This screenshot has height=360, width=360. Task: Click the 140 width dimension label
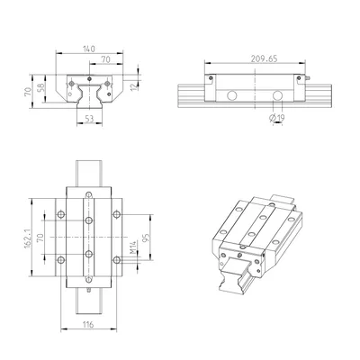(89, 49)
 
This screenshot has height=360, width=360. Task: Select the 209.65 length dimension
(264, 58)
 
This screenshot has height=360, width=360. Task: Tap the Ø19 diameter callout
(277, 119)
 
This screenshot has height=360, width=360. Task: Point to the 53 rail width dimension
(89, 119)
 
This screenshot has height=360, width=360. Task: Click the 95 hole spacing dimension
(146, 238)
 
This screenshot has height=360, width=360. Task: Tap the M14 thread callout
(133, 247)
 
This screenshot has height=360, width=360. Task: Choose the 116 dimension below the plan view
(89, 324)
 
